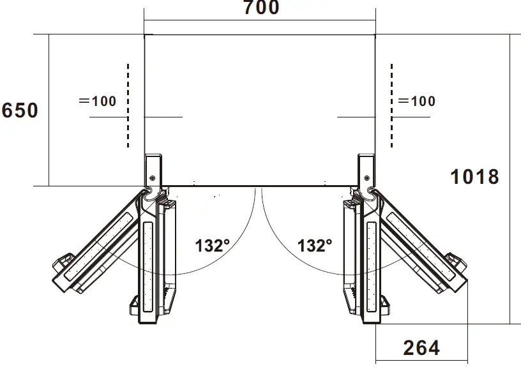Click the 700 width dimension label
tap(262, 7)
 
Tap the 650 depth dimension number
tap(20, 110)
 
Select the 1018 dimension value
tap(474, 176)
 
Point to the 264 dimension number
tap(421, 348)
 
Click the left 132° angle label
tap(213, 246)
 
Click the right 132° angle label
tap(315, 246)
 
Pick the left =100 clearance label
tap(98, 102)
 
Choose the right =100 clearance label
tap(417, 102)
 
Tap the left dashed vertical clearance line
tap(128, 105)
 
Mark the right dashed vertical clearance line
tap(392, 105)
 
